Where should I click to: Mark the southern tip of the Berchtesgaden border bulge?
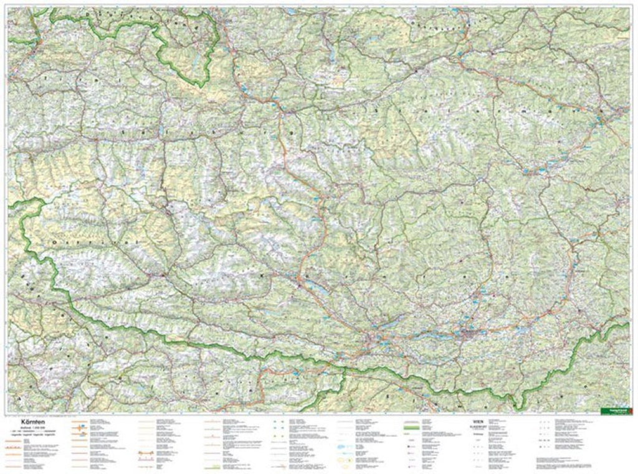point(198,86)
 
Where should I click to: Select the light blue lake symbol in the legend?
point(349,446)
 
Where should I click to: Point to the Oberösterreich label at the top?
point(436,25)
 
